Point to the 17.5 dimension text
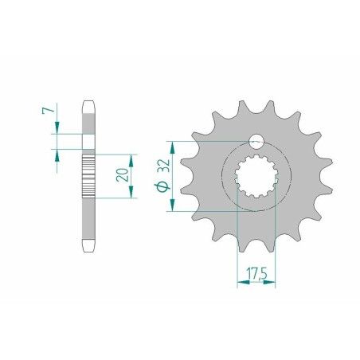[x=255, y=272]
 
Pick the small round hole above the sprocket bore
[x=256, y=143]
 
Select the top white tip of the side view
[x=88, y=106]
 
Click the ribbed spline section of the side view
[x=88, y=174]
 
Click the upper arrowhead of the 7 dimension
[x=57, y=128]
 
